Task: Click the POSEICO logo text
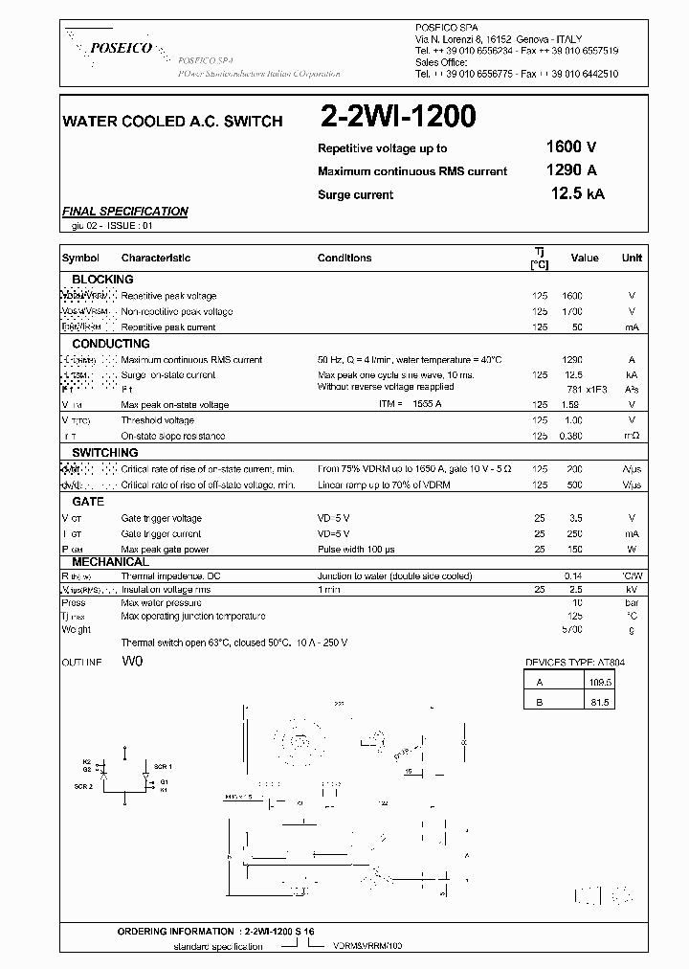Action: (x=119, y=48)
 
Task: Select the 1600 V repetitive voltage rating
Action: (x=570, y=147)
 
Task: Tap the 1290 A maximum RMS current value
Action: (x=570, y=170)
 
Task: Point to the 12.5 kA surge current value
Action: (x=577, y=194)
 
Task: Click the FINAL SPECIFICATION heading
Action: (x=124, y=212)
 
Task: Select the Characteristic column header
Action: (x=156, y=259)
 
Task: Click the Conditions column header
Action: (x=344, y=259)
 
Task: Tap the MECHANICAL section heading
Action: (x=110, y=561)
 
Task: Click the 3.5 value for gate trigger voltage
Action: (x=575, y=519)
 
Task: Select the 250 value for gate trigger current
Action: (x=574, y=534)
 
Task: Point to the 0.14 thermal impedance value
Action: (x=573, y=577)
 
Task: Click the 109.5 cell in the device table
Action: (x=600, y=683)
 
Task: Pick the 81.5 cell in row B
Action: (x=600, y=702)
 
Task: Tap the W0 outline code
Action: (x=132, y=662)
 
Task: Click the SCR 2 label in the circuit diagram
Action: (x=84, y=787)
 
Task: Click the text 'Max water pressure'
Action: (x=161, y=604)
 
